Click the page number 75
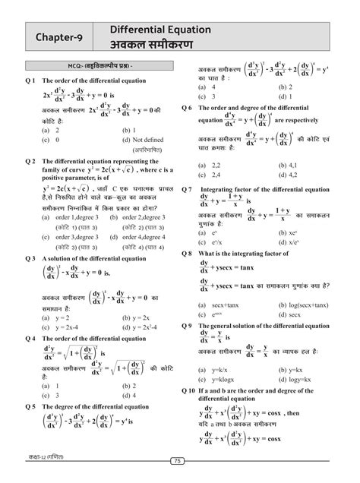click(x=179, y=460)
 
